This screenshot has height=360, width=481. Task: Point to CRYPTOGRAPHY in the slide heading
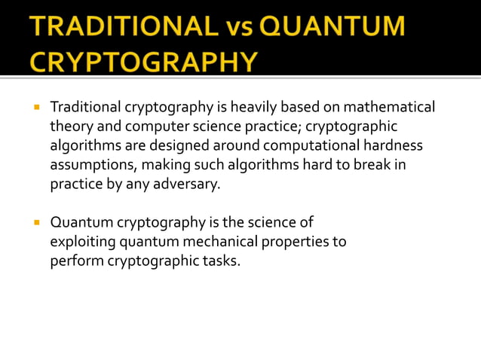[x=144, y=60]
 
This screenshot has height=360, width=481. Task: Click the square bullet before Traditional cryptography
[x=35, y=108]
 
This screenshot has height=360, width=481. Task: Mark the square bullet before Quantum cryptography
[x=35, y=223]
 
